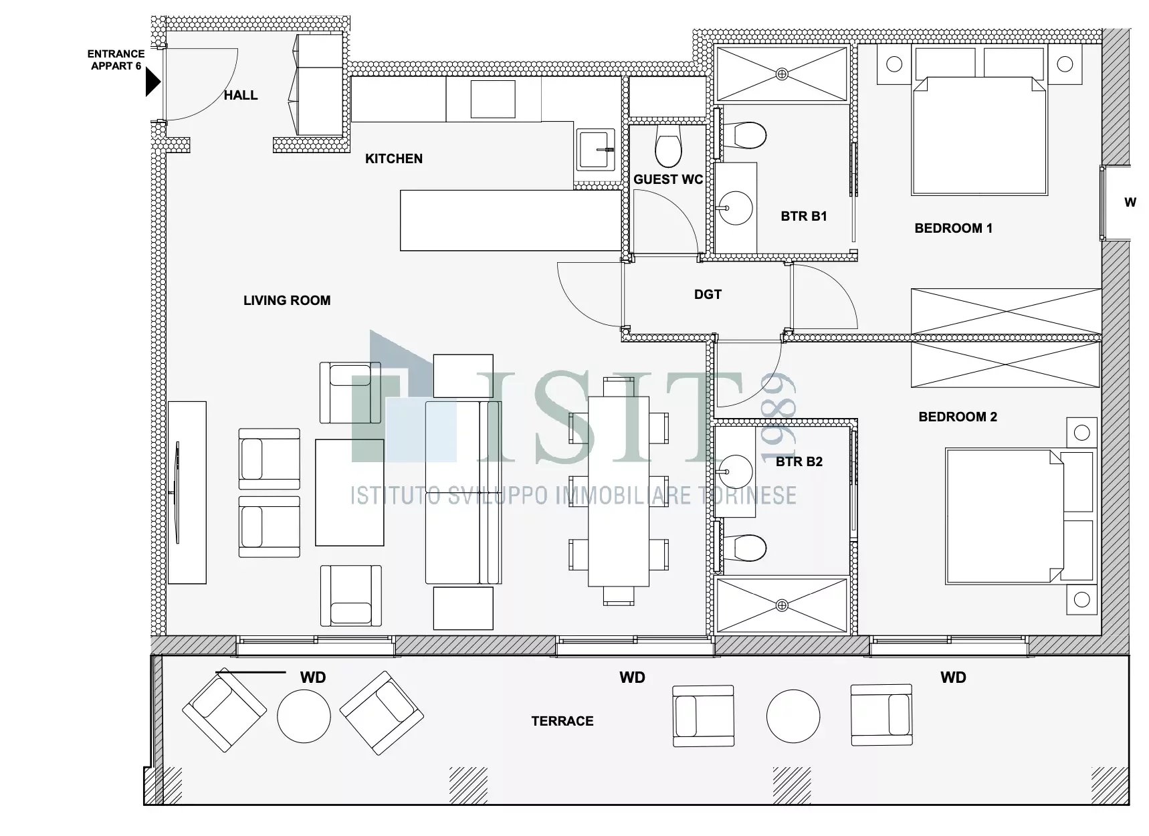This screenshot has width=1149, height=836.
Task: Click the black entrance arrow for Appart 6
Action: coord(153,82)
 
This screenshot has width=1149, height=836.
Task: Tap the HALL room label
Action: coord(241,96)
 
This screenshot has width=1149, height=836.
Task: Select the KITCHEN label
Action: coord(394,159)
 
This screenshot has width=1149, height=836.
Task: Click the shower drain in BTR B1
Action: coord(782,74)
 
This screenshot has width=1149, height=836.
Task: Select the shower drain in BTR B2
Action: coord(782,606)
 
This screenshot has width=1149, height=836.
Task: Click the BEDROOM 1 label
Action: coord(954,228)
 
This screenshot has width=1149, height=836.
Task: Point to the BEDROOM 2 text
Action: coord(958,417)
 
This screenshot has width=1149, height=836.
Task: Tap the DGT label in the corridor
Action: coord(708,294)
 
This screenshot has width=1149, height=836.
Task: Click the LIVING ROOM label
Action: coord(287,300)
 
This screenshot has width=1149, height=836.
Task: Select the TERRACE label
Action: coord(562,721)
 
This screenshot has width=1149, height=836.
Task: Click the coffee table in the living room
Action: coord(350,492)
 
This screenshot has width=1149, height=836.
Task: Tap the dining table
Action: coord(619,492)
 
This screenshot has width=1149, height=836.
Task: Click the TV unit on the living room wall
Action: coord(187,492)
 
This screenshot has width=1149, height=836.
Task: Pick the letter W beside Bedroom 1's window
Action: coord(1130,202)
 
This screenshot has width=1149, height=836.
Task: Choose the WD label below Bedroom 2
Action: coord(953,677)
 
